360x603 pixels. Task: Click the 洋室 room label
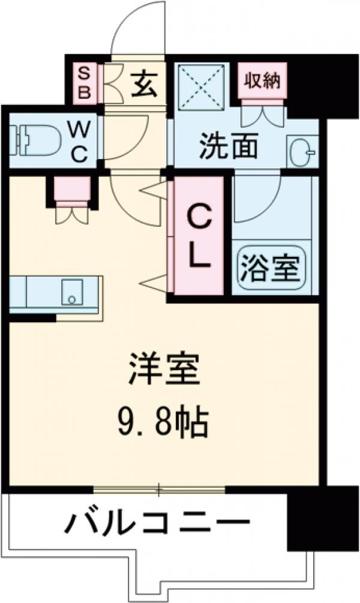click(163, 373)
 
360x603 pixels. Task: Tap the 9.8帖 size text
click(163, 424)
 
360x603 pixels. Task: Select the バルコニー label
click(157, 524)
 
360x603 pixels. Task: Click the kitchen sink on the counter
click(73, 293)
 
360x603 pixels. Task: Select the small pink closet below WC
click(72, 191)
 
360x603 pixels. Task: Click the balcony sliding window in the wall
click(159, 490)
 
